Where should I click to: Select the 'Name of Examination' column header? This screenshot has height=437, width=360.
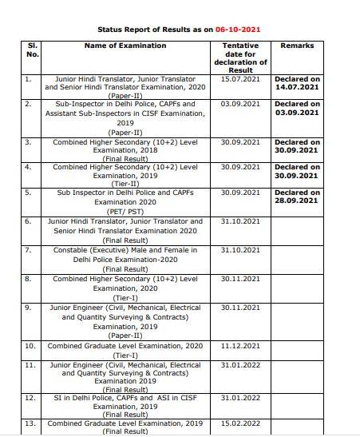(x=125, y=46)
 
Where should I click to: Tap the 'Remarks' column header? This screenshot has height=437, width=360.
(x=298, y=46)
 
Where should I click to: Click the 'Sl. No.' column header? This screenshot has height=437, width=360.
(x=34, y=50)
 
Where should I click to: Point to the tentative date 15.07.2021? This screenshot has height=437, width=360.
(x=241, y=80)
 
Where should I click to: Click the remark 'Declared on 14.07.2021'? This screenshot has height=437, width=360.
(x=298, y=84)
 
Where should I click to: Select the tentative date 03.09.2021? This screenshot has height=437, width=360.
(x=241, y=105)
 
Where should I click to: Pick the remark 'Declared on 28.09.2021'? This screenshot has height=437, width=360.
(x=298, y=197)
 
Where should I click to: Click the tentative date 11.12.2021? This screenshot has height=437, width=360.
(x=241, y=346)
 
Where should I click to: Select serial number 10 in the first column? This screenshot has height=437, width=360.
(x=30, y=346)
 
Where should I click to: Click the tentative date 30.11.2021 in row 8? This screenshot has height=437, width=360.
(x=241, y=279)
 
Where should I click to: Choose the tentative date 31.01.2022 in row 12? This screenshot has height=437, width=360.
(x=241, y=397)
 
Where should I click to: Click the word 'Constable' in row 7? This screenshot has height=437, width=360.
(x=81, y=250)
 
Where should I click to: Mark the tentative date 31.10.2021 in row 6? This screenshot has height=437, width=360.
(x=241, y=221)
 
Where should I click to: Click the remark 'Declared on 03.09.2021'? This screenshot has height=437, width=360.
(x=298, y=109)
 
